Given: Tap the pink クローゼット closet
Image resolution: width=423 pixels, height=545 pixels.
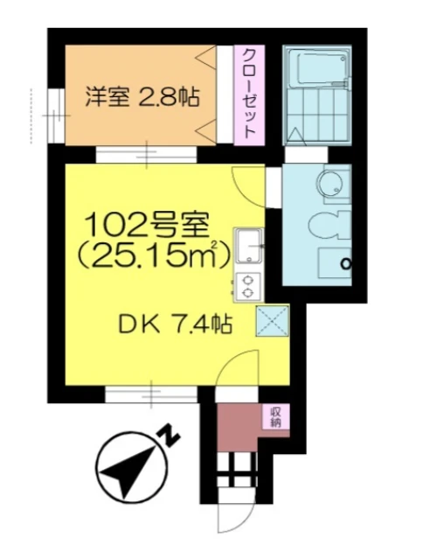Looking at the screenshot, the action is [x=249, y=95].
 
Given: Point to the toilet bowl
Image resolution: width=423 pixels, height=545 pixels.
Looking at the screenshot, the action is [x=329, y=225].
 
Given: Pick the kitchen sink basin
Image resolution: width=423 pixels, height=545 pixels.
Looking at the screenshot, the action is [x=249, y=247].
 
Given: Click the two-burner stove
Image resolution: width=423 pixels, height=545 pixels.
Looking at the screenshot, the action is [x=249, y=286].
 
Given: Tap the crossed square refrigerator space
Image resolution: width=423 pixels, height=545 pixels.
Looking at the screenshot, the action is [x=273, y=320].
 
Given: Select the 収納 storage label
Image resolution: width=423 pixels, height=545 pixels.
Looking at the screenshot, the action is [x=276, y=417].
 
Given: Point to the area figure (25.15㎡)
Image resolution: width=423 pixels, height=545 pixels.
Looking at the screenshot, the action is [x=153, y=255].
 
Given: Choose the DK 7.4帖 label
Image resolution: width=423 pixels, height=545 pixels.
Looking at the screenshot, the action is [x=175, y=326].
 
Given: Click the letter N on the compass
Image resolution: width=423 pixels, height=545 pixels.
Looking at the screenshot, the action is [x=170, y=437].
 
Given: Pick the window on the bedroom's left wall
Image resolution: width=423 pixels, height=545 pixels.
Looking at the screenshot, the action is [x=57, y=115].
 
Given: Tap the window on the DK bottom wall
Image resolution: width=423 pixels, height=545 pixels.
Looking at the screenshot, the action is [x=152, y=395].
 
